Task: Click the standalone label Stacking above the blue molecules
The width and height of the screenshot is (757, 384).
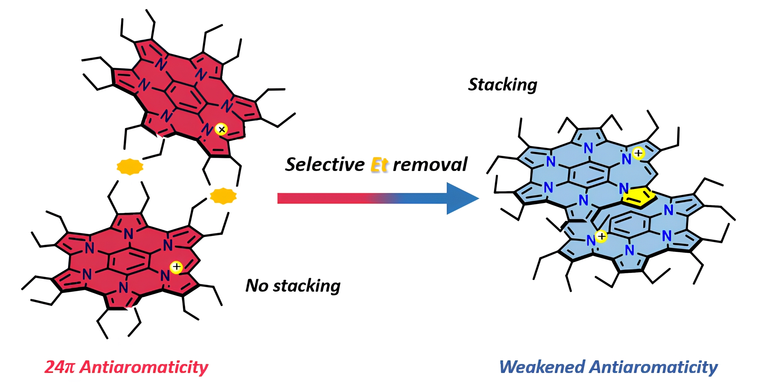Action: pos(502,85)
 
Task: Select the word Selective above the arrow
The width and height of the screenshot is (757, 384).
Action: pos(325,165)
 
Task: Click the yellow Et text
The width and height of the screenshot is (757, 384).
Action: pos(379,165)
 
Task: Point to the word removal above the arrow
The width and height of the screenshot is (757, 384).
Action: pos(430,165)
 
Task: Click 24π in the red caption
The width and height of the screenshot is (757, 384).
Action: pos(60,367)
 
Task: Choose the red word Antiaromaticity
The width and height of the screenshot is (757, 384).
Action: pos(144,367)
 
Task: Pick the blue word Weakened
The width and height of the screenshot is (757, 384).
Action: pos(542,367)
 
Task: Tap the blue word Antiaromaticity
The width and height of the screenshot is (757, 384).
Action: pos(653,367)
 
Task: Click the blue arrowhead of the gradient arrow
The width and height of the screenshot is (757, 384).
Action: pos(460,198)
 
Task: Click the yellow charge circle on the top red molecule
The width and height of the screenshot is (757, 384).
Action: pos(221,130)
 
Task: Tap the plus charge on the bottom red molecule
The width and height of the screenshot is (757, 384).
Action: pos(176,267)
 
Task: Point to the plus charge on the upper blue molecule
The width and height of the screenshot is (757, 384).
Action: pos(638,153)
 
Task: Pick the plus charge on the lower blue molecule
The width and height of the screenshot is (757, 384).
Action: pos(601,236)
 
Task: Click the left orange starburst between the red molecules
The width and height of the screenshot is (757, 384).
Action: pos(130,166)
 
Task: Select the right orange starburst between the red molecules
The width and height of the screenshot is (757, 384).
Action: pos(223,196)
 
